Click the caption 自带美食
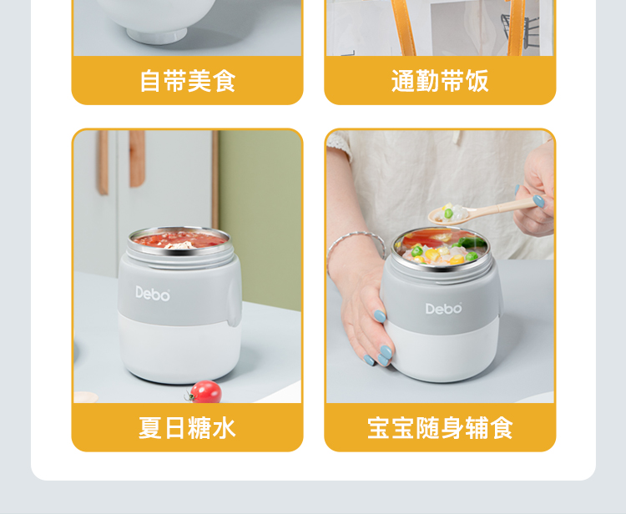[188, 81]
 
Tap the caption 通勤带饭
[440, 81]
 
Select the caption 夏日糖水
[187, 428]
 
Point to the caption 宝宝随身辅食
[440, 428]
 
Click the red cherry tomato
[205, 391]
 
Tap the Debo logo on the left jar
[153, 294]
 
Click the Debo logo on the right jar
[444, 308]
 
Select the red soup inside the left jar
[179, 239]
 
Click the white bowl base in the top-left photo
[157, 36]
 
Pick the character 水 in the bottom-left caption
[225, 428]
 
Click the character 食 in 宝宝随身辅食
[502, 428]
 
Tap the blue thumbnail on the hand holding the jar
[380, 316]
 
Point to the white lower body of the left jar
[179, 349]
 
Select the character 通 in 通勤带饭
[403, 81]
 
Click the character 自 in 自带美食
[150, 81]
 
